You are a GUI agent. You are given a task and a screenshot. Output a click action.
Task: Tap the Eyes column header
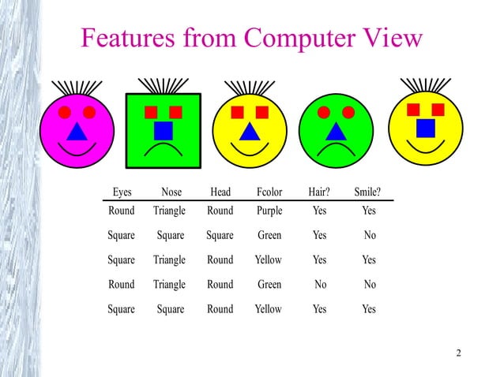122,192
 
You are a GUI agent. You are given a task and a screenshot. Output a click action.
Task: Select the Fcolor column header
269,192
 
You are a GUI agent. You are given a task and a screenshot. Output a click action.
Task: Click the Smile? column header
368,192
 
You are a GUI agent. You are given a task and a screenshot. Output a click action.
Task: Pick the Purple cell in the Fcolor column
269,211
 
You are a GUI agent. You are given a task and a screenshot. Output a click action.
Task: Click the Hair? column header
319,192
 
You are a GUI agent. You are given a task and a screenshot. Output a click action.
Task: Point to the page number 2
458,351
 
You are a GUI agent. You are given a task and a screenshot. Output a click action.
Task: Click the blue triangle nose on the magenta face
77,131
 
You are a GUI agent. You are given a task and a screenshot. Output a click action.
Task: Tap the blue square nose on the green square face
164,130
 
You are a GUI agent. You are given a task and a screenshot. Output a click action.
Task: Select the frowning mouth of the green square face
164,150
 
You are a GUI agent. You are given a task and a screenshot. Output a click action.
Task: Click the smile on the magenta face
77,151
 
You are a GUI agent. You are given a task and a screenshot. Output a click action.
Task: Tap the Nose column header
171,192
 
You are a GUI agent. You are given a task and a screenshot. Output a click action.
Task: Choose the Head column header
220,192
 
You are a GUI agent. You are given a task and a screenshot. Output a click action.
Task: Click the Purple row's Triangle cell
169,211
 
